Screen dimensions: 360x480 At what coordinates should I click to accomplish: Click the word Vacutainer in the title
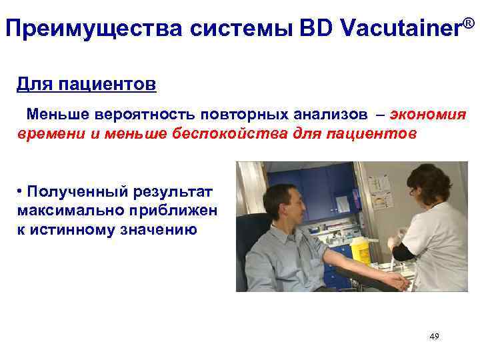pos(400,28)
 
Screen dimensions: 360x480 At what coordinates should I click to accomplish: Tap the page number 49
pos(434,337)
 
